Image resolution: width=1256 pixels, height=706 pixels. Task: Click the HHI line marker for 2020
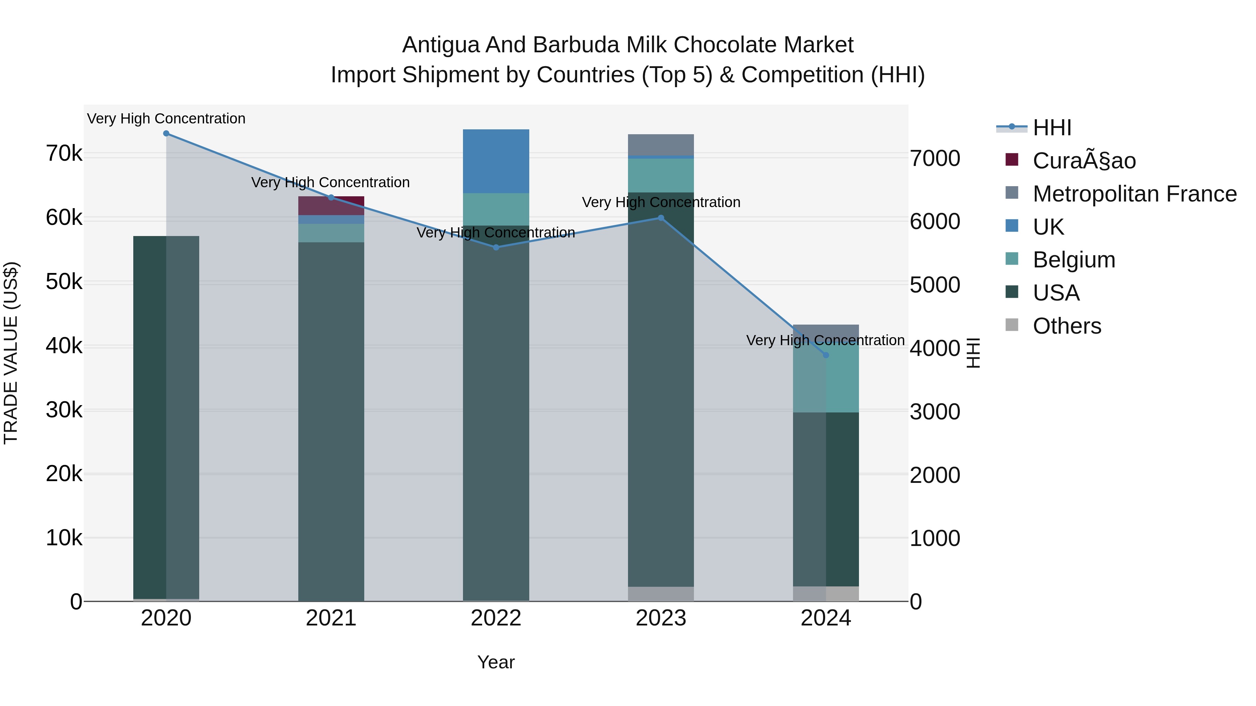(166, 134)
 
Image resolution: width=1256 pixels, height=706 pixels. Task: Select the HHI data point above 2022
(496, 248)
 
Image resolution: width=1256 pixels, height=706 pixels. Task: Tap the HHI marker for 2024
(825, 355)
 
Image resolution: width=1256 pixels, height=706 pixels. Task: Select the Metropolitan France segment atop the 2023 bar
(661, 145)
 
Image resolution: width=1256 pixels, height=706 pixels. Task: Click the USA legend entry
(1056, 293)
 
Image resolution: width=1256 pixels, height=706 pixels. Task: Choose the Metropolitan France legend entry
(1134, 194)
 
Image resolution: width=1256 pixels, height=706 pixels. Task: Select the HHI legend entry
(1052, 128)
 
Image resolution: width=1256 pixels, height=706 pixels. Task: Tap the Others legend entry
(1066, 326)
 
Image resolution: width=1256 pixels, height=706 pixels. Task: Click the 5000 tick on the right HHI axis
(935, 285)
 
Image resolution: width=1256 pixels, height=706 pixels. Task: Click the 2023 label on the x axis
(661, 618)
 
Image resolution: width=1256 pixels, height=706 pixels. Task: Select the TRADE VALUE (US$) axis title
(11, 353)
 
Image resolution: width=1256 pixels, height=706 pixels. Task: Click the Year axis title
(496, 662)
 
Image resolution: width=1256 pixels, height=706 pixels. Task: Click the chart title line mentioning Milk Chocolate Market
(628, 45)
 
